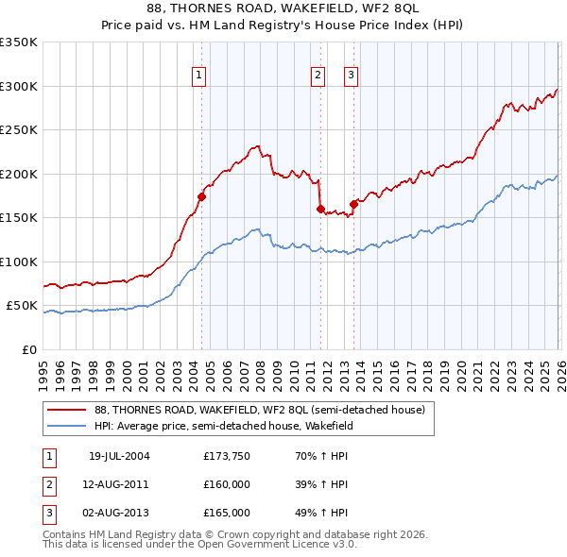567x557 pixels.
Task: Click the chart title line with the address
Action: (x=283, y=8)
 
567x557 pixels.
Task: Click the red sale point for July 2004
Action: (x=201, y=196)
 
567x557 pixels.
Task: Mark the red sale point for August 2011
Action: (x=320, y=209)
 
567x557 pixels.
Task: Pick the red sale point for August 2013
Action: (x=353, y=204)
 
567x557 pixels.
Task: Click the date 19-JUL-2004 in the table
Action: (x=119, y=456)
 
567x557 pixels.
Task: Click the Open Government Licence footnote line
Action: (x=200, y=545)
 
